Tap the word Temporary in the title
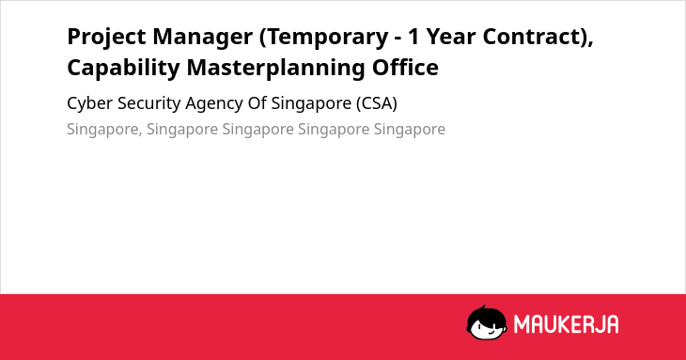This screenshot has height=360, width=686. pyautogui.click(x=324, y=38)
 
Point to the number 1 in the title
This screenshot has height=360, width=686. pyautogui.click(x=414, y=37)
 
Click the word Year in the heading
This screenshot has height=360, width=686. pyautogui.click(x=451, y=37)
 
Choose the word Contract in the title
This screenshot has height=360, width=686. pyautogui.click(x=533, y=37)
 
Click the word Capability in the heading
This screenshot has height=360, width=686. pyautogui.click(x=123, y=69)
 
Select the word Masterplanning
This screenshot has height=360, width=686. pyautogui.click(x=275, y=69)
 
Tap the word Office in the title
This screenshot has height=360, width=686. pyautogui.click(x=405, y=68)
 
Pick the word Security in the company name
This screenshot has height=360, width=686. pyautogui.click(x=149, y=104)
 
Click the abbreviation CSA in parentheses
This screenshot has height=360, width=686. pyautogui.click(x=377, y=103)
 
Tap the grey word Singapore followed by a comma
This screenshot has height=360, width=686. pyautogui.click(x=104, y=130)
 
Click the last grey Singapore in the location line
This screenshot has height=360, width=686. pyautogui.click(x=410, y=130)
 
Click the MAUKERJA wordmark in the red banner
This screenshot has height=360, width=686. pyautogui.click(x=566, y=324)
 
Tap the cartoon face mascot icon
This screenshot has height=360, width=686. pyautogui.click(x=487, y=322)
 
